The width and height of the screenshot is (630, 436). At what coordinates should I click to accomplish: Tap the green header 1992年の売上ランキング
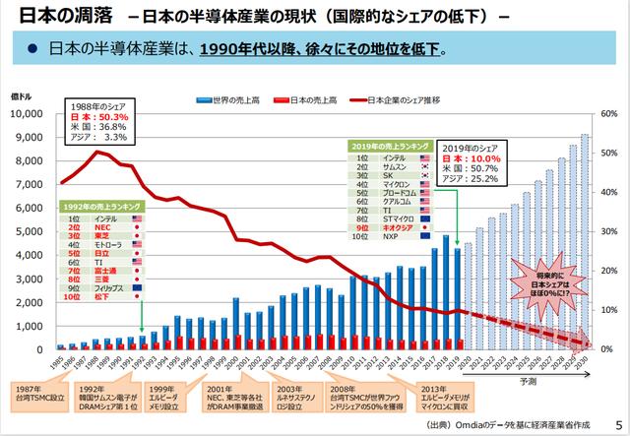pyautogui.click(x=102, y=206)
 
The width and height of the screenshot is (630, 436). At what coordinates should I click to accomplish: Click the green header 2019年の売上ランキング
pyautogui.click(x=388, y=146)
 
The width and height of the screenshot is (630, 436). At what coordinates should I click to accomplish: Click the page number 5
pyautogui.click(x=617, y=417)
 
